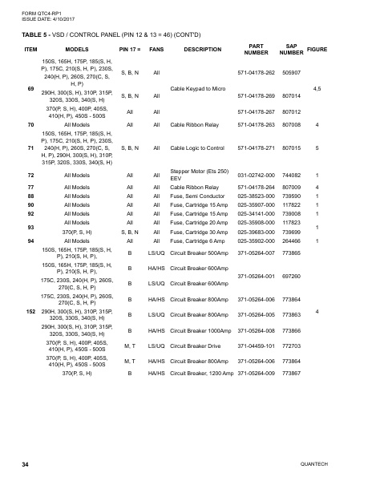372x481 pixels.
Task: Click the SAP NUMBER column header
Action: pyautogui.click(x=289, y=49)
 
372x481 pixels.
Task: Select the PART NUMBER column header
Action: pyautogui.click(x=252, y=49)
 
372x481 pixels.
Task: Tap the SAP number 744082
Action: pyautogui.click(x=289, y=175)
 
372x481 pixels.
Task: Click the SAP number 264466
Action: pyautogui.click(x=289, y=240)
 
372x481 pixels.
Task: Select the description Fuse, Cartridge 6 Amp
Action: pyautogui.click(x=200, y=240)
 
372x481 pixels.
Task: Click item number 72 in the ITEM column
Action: pyautogui.click(x=30, y=175)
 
